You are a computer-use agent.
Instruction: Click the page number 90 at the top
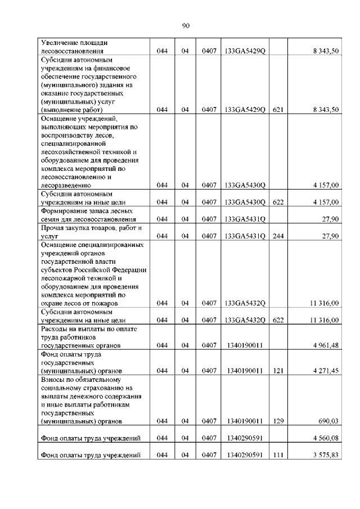187,25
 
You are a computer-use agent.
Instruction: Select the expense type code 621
277,110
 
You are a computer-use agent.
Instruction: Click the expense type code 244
277,236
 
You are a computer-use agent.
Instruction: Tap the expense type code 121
277,371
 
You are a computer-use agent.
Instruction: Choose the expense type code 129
277,421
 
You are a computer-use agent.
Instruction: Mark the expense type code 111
277,455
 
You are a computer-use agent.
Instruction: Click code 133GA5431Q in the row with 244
245,236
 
